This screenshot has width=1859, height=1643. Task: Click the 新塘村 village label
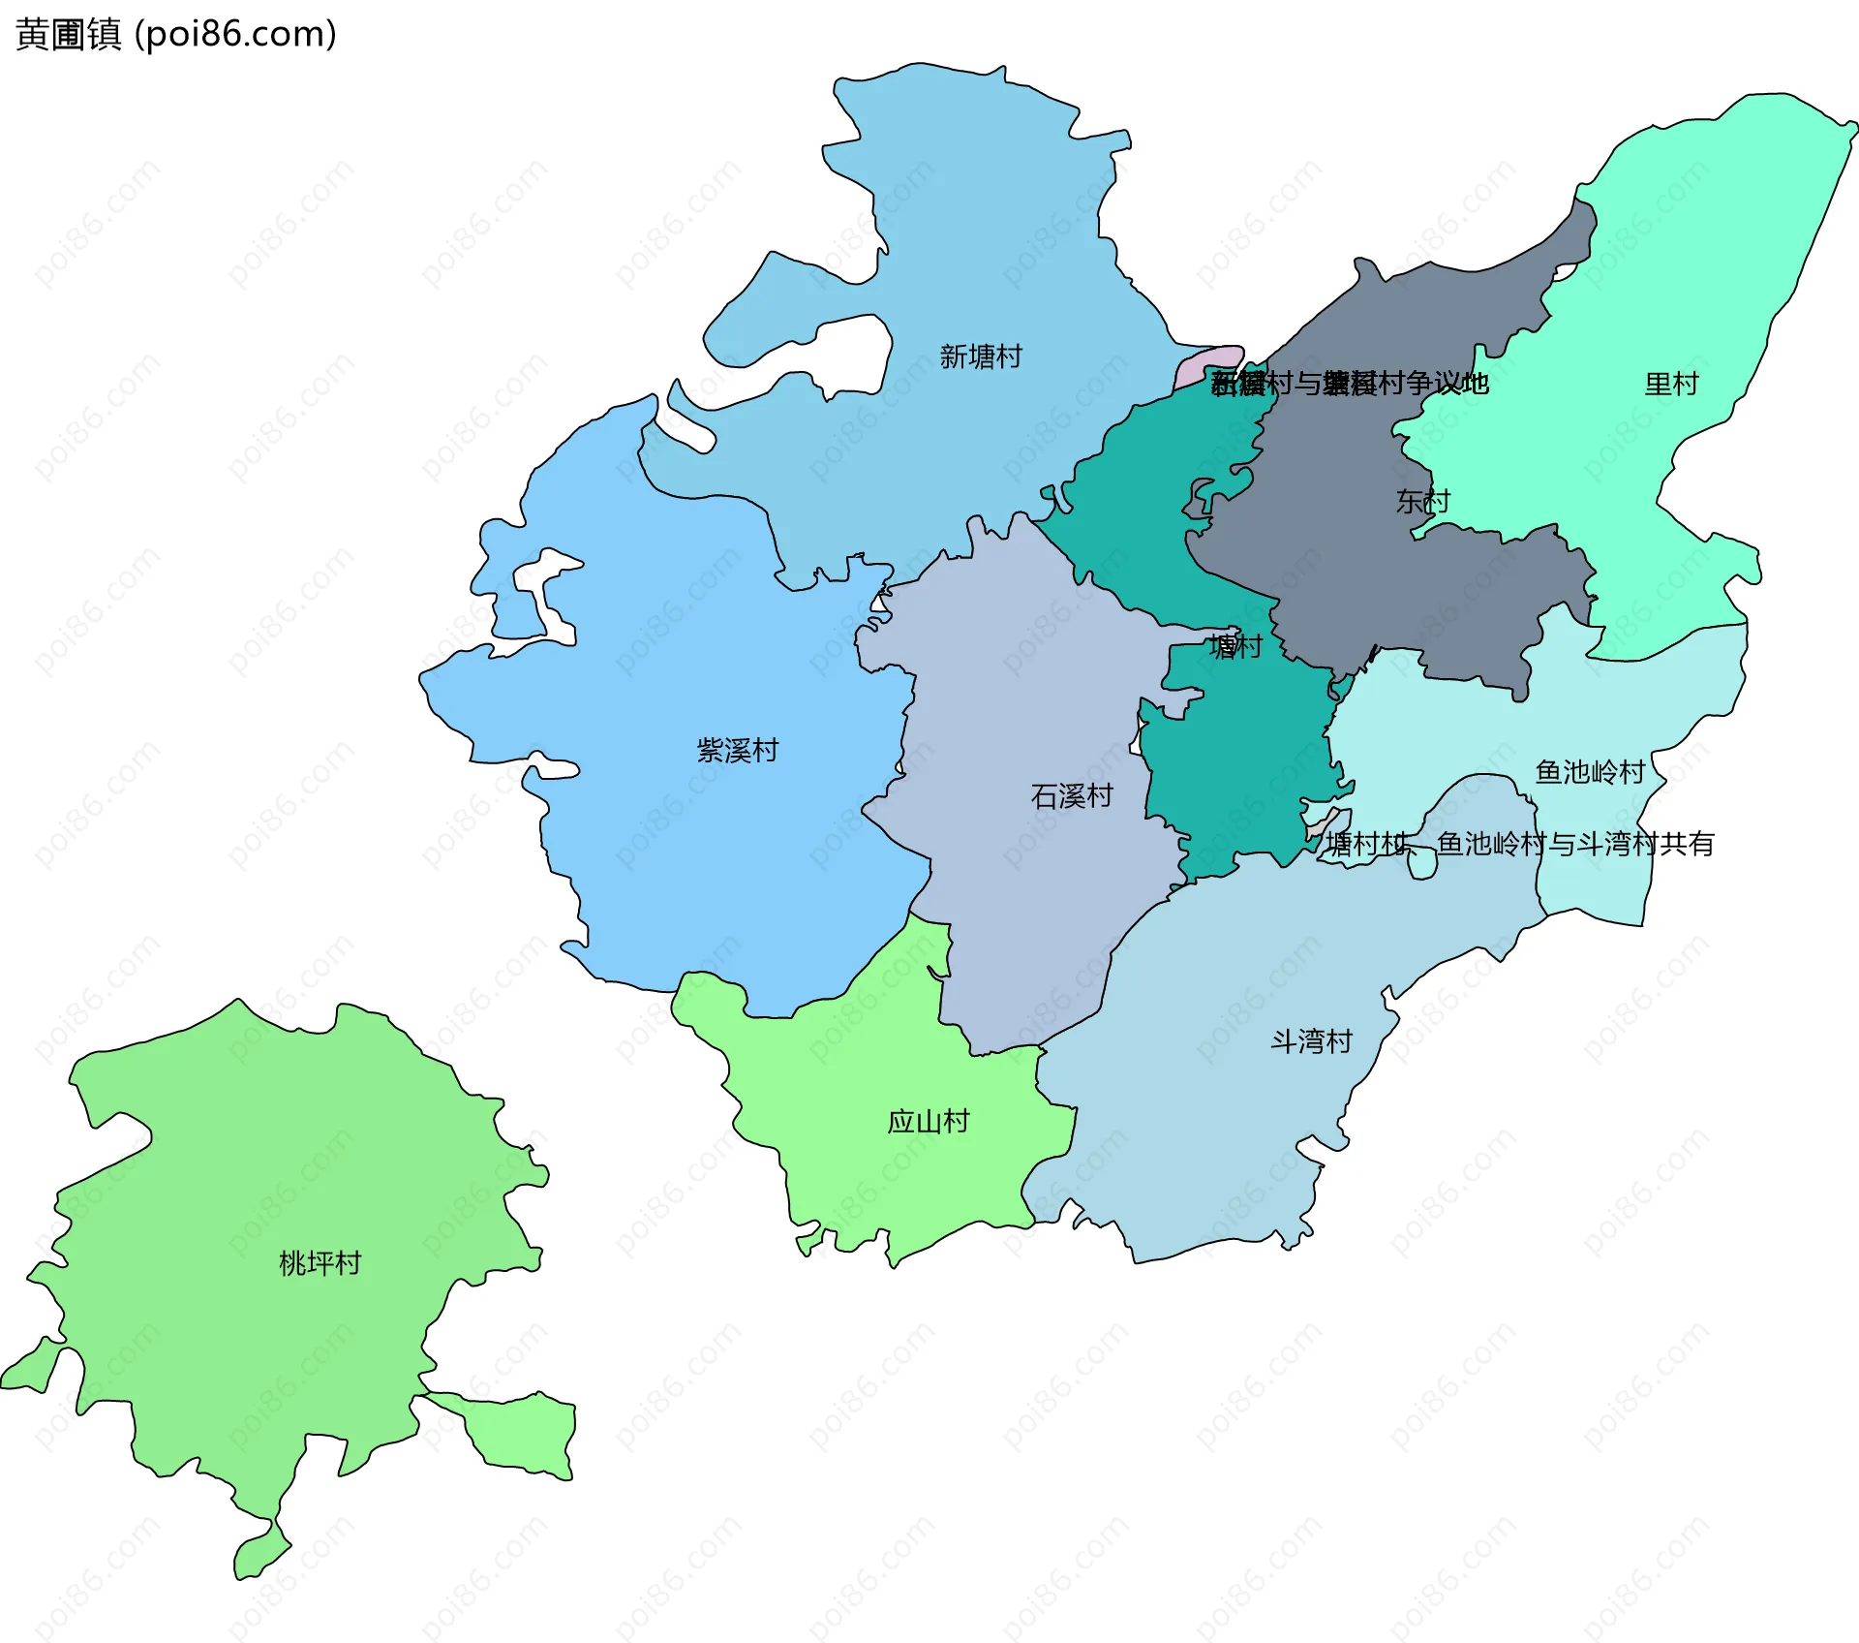coord(980,356)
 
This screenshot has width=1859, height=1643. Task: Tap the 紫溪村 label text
coord(737,750)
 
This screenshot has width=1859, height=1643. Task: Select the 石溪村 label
coord(1071,796)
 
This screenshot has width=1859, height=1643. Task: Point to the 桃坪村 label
coord(320,1262)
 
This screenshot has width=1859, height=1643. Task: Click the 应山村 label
coord(928,1121)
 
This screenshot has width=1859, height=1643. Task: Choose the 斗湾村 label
coord(1310,1041)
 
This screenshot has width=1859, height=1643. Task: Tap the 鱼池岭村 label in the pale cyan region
coord(1590,772)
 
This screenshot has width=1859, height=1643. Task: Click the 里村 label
coord(1671,384)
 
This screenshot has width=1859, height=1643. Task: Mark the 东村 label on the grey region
coord(1422,501)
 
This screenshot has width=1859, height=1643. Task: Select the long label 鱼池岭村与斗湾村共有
coord(1574,844)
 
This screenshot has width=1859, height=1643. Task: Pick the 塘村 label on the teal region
coord(1235,646)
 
